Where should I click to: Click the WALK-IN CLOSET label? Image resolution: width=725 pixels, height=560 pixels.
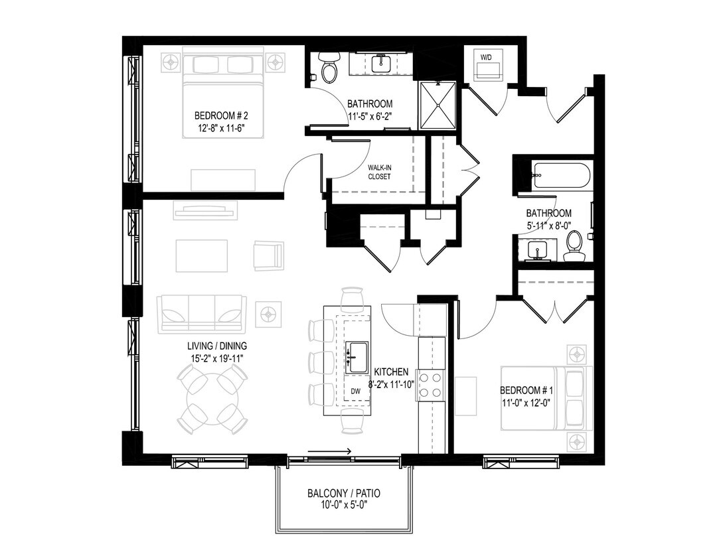click(379, 172)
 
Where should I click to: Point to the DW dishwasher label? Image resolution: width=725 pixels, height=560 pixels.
click(356, 391)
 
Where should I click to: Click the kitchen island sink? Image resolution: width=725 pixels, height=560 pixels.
click(358, 358)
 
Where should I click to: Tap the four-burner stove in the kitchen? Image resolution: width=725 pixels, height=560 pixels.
click(430, 385)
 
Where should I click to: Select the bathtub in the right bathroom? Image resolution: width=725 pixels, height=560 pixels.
click(560, 176)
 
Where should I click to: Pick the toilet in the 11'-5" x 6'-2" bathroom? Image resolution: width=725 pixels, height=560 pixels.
click(329, 68)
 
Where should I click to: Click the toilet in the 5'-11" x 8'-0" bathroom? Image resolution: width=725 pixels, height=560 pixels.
click(574, 247)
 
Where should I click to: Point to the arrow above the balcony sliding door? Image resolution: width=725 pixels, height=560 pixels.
click(330, 453)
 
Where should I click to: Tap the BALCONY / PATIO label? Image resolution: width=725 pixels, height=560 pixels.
click(344, 494)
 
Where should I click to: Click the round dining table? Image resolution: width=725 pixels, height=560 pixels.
click(212, 399)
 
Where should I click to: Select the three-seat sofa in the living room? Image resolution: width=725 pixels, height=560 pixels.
click(202, 313)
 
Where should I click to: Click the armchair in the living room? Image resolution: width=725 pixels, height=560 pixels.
click(268, 255)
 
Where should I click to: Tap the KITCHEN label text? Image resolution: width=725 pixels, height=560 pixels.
click(391, 372)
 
